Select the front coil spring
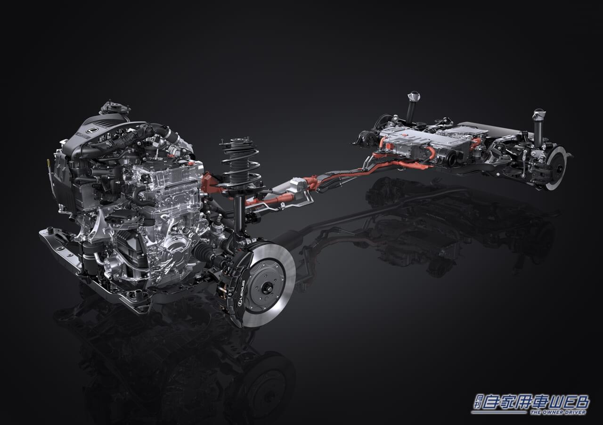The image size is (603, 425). tap(240, 165)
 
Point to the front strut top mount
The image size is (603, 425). tap(239, 142)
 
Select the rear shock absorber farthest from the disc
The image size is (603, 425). tap(412, 106)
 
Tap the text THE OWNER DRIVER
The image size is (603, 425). tap(558, 412)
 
